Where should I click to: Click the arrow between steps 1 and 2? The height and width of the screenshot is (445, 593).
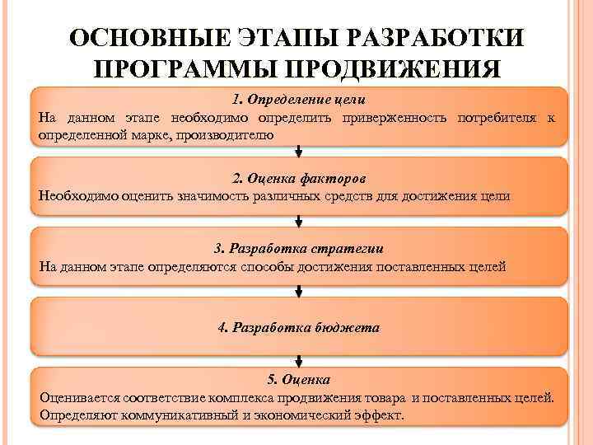tap(299, 152)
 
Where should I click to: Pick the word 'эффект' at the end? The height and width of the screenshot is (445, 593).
tap(381, 415)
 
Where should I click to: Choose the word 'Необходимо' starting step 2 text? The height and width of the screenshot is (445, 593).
tap(77, 196)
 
